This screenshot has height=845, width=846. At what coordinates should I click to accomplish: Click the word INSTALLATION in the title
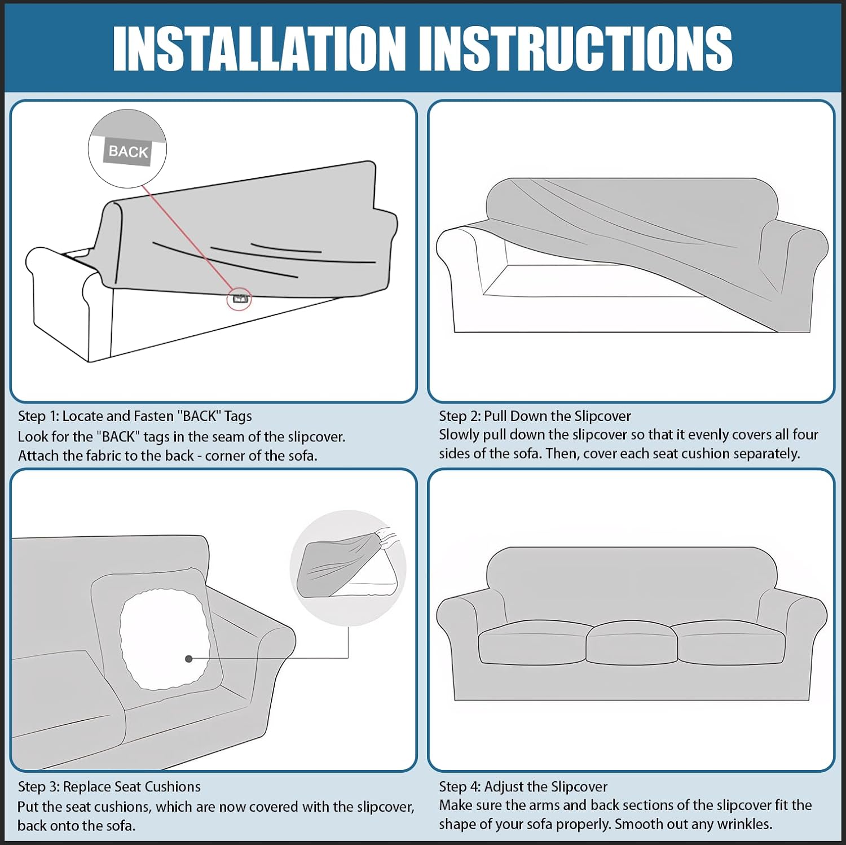[x=259, y=49]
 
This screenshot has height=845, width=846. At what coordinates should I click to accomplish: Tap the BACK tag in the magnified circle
[x=129, y=151]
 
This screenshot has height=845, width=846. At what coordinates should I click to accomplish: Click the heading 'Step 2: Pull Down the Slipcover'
[x=535, y=417]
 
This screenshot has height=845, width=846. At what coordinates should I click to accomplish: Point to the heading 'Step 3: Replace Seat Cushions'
[x=109, y=787]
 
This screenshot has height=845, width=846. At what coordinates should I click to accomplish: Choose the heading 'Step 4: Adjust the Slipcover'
[x=523, y=787]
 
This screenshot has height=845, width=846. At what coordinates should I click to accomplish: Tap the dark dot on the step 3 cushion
[x=189, y=659]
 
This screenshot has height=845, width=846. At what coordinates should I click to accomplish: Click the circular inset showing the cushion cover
[x=348, y=569]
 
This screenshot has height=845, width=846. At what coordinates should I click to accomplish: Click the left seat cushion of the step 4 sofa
[x=532, y=643]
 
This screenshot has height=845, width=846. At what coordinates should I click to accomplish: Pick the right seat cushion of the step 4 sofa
[x=731, y=643]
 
